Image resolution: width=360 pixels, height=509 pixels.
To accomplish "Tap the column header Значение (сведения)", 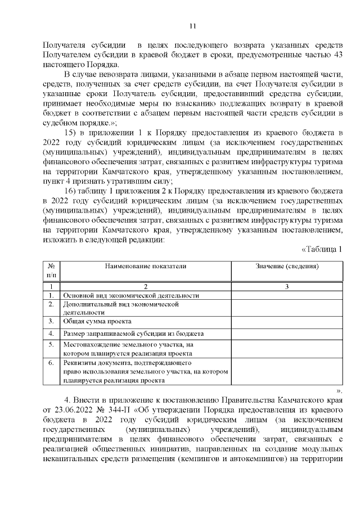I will tap(287, 265).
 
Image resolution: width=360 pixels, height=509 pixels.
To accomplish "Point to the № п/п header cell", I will tap(51, 270).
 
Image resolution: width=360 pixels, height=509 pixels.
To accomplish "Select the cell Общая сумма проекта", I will tap(97, 321).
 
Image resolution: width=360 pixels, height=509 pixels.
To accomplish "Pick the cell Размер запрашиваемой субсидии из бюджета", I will tap(133, 334).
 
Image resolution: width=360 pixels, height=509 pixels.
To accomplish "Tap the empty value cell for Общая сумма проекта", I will tap(287, 321).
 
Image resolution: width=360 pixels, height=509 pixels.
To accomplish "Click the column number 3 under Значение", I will tap(287, 286).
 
